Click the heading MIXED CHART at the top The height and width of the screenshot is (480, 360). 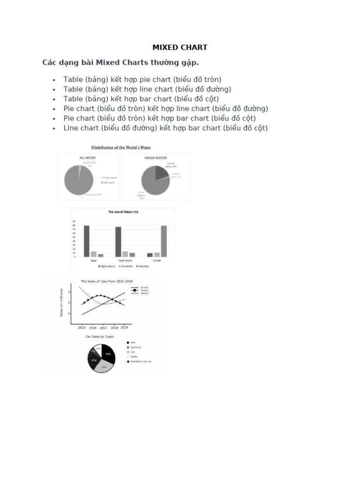click(180, 47)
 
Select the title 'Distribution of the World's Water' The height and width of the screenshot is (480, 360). click(121, 148)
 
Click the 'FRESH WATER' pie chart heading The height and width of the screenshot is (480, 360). click(156, 158)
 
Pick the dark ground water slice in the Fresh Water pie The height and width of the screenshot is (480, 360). click(161, 172)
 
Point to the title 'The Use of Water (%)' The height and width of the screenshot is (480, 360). click(123, 212)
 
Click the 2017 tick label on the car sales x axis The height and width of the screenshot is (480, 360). click(103, 328)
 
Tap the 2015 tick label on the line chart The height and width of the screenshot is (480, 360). click(81, 328)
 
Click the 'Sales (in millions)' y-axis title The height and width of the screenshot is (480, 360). click(61, 303)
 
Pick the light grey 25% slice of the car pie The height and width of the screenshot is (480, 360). click(103, 366)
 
